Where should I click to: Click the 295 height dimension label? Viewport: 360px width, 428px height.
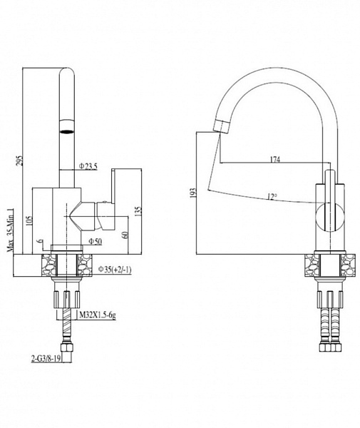pos(19,160)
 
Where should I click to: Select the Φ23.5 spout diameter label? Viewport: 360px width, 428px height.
pos(88,166)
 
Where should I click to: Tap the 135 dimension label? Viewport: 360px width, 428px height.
pos(138,212)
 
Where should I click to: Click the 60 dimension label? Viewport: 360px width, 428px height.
pos(125,235)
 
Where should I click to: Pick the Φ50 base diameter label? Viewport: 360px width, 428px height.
pos(96,241)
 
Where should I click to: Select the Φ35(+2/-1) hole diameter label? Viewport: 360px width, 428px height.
pos(115,270)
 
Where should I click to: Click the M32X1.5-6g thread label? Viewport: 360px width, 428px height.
pos(98,315)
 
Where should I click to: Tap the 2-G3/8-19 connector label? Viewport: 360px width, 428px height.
pos(46,359)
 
